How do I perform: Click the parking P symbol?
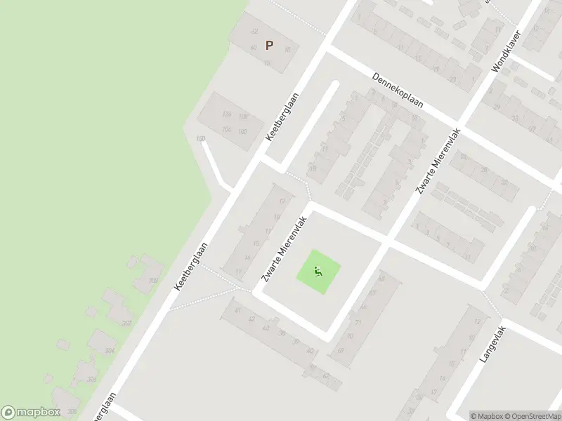point(268,46)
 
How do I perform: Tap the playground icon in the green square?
point(318,271)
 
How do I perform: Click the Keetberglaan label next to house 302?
point(192,267)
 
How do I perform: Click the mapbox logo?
point(30,413)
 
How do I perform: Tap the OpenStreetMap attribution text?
point(532,416)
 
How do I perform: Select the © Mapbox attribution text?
point(487,416)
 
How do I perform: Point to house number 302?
point(153,281)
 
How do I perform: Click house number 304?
point(110,350)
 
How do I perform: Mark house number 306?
point(91,380)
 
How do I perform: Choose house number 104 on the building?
point(226,130)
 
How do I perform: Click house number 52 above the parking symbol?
point(254,31)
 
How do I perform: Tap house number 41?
point(238,310)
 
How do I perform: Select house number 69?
point(341,350)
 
